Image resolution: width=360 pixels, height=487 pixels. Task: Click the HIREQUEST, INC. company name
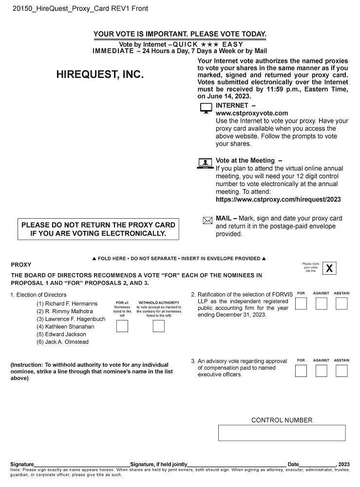(100, 75)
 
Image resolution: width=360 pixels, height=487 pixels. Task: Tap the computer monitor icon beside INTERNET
(206, 109)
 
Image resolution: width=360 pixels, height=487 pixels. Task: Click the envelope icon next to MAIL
(207, 221)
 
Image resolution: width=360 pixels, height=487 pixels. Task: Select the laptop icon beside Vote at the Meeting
(206, 163)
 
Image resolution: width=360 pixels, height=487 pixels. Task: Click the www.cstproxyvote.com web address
(251, 113)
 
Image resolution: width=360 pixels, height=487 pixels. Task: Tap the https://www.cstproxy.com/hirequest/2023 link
(278, 199)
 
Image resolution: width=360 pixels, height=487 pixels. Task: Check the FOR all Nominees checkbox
(122, 326)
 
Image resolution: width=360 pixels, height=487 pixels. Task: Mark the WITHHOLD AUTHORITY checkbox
(158, 326)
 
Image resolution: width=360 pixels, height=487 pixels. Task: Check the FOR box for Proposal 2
(301, 304)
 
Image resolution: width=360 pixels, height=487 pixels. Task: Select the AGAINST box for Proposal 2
(321, 304)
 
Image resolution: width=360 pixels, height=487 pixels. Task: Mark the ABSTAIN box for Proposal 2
(341, 304)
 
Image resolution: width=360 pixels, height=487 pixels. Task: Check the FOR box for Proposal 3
(301, 371)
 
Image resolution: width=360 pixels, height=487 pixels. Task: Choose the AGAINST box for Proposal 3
(321, 371)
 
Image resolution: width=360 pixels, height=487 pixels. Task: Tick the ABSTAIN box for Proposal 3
(341, 371)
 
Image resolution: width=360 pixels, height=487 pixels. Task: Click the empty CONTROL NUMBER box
(282, 432)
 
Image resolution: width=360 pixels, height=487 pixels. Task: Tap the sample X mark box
(329, 268)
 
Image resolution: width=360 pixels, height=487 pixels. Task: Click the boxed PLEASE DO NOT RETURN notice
(98, 229)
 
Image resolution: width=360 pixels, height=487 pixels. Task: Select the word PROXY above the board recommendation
(21, 265)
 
